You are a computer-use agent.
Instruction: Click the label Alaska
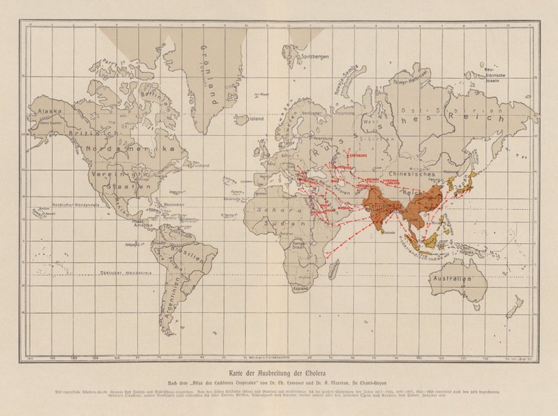click(50, 111)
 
